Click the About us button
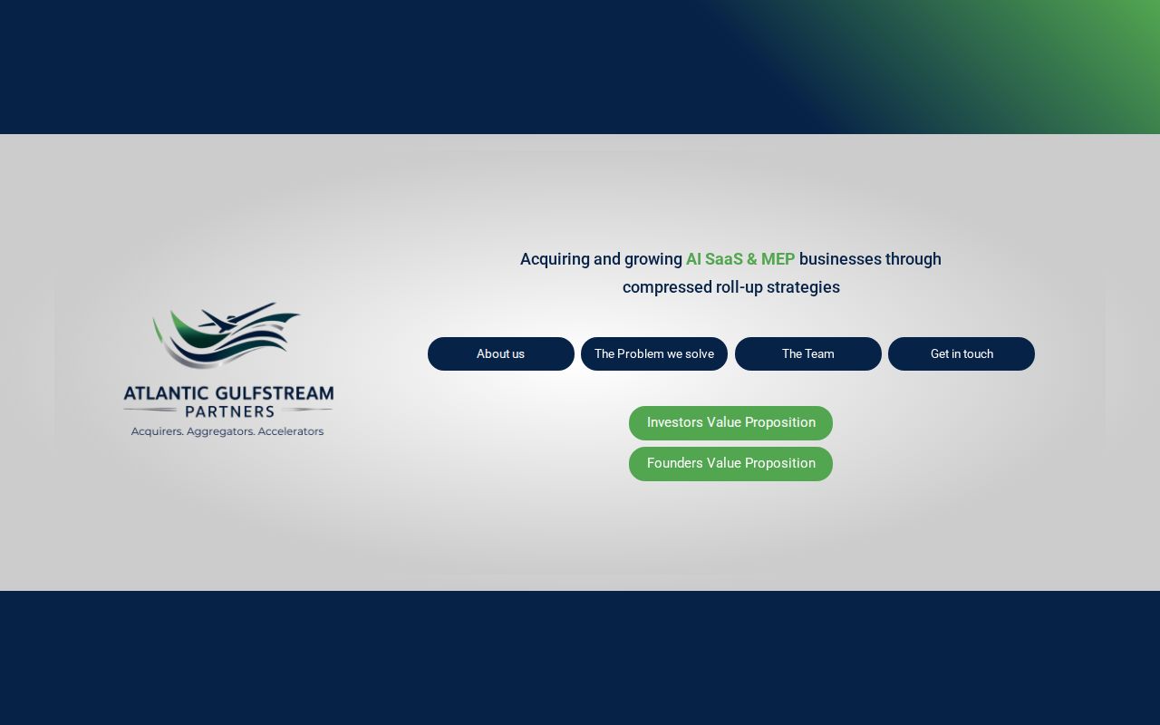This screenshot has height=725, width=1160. pyautogui.click(x=500, y=353)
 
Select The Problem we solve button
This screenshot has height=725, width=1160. pyautogui.click(x=654, y=353)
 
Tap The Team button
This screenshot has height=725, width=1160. pyautogui.click(x=807, y=353)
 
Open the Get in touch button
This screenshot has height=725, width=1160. pyautogui.click(x=962, y=353)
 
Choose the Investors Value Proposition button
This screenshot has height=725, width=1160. pyautogui.click(x=730, y=423)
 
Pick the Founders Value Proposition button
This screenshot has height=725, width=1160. pyautogui.click(x=730, y=464)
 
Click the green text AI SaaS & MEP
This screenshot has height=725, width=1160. pyautogui.click(x=740, y=259)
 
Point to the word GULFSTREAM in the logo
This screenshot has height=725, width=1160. pyautogui.click(x=275, y=394)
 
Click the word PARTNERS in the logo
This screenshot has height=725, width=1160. pyautogui.click(x=229, y=411)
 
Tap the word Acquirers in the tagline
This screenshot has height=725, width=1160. pyautogui.click(x=156, y=431)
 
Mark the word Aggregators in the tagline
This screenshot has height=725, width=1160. pyautogui.click(x=220, y=431)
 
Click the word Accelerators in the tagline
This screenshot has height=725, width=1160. pyautogui.click(x=290, y=431)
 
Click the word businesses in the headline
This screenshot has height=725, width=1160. pyautogui.click(x=840, y=259)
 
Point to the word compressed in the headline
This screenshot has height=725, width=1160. pyautogui.click(x=667, y=287)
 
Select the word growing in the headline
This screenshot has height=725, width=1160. pyautogui.click(x=652, y=259)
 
